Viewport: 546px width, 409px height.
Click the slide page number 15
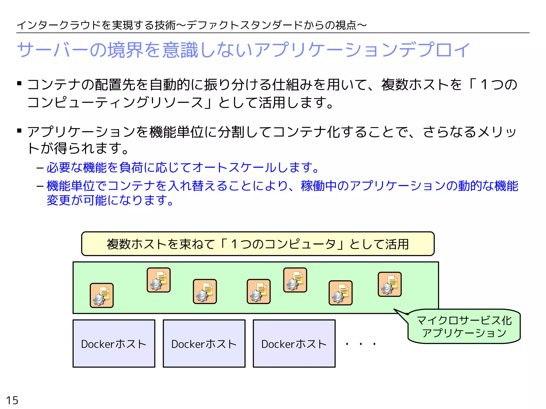(x=12, y=400)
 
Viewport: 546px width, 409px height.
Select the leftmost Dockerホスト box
(x=114, y=343)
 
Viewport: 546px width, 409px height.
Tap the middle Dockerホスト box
(x=204, y=343)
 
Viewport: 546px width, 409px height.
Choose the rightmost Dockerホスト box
(x=294, y=343)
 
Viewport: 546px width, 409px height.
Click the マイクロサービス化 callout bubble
(x=464, y=326)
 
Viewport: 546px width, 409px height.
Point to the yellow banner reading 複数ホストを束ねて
(x=258, y=244)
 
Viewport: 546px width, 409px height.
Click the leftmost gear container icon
(x=102, y=295)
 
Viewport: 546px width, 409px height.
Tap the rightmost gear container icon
(x=390, y=284)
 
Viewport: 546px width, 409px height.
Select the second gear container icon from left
(x=159, y=280)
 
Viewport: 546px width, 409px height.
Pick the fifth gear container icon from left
(x=295, y=280)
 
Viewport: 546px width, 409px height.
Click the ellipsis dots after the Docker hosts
(x=361, y=344)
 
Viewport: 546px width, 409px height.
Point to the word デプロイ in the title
(x=435, y=50)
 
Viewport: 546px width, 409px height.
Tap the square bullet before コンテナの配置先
(x=19, y=84)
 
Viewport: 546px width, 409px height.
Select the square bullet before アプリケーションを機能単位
(x=19, y=131)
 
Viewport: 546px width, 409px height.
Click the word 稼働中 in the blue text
(x=319, y=186)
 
